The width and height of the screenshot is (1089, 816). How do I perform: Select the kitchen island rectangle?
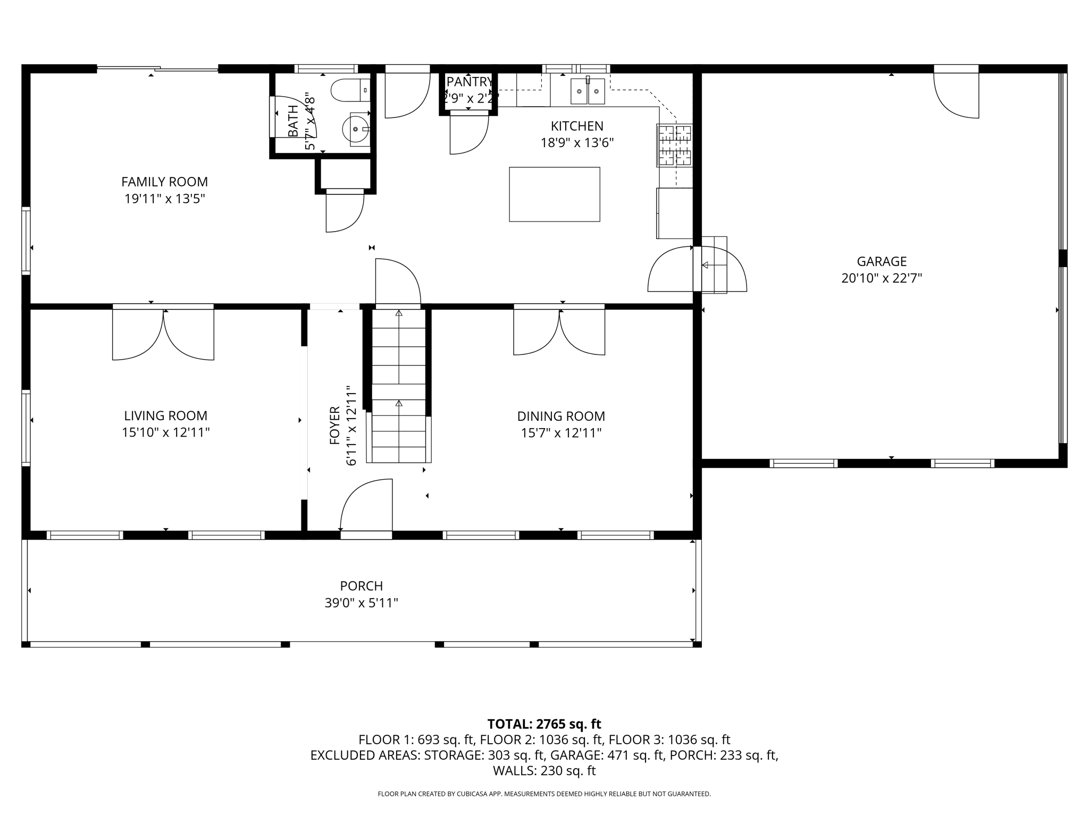pyautogui.click(x=554, y=194)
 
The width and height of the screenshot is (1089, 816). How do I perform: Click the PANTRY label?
pyautogui.click(x=469, y=82)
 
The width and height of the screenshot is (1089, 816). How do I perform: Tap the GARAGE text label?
pyautogui.click(x=881, y=261)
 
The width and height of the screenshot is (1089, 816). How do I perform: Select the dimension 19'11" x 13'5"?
pyautogui.click(x=164, y=199)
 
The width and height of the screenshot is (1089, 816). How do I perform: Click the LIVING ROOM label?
pyautogui.click(x=165, y=415)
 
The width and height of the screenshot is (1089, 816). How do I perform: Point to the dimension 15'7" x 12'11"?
pyautogui.click(x=561, y=433)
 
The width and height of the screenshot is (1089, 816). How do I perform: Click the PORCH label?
pyautogui.click(x=361, y=586)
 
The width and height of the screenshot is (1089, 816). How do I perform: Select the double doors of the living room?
pyautogui.click(x=163, y=334)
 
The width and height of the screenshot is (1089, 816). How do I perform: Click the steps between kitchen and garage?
pyautogui.click(x=714, y=265)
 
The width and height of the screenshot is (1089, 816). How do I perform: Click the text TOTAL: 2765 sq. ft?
pyautogui.click(x=544, y=724)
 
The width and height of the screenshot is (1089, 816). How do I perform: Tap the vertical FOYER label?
pyautogui.click(x=334, y=425)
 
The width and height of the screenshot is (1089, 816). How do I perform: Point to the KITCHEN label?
pyautogui.click(x=577, y=126)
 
